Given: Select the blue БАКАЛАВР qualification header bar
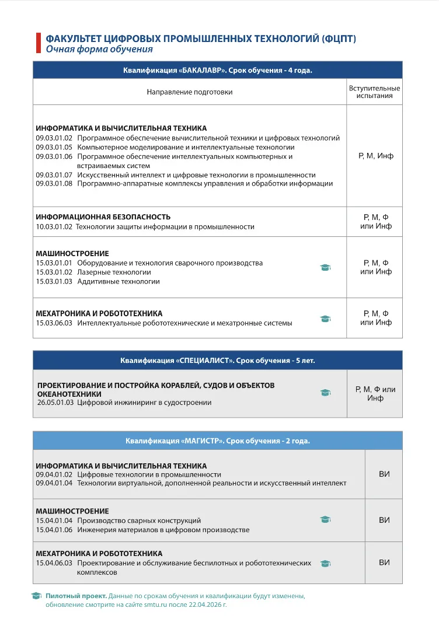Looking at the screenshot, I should pos(217,70).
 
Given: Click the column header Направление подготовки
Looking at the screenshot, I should pos(189,92).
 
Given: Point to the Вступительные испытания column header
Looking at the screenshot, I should pos(374,92).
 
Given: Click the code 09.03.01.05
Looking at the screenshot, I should pos(54,147).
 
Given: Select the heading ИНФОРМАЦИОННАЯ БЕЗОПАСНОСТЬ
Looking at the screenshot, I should pos(103,217).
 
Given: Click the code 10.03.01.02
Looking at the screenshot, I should pos(54,226).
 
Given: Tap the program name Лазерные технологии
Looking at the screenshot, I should pos(114,272).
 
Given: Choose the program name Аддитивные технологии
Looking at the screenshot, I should pos(118,281).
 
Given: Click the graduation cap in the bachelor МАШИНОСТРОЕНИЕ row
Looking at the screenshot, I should pos(325,268).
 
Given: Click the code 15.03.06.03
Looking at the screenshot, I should pos(54,323).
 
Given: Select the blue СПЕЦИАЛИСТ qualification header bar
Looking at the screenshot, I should pos(217,360).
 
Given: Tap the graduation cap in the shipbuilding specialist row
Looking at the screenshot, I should pos(325,393).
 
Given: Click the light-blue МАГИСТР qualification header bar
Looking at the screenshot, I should pos(217,441).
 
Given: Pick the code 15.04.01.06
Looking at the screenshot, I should pos(54,530).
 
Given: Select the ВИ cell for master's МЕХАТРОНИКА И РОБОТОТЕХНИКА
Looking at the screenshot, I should pos(384,562).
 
